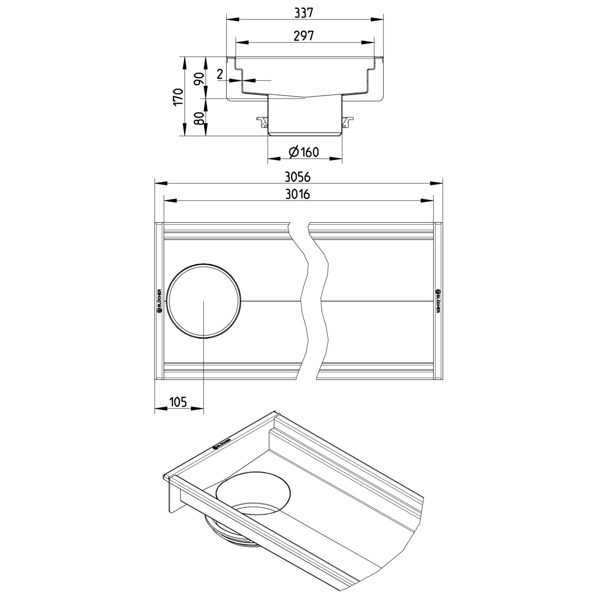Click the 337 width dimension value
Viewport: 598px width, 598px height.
304,13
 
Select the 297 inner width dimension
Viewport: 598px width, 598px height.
304,36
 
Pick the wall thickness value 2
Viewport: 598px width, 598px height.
220,74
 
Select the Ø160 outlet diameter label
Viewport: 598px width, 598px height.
303,152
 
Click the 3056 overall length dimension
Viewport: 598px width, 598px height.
298,177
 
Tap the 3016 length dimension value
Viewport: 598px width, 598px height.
298,194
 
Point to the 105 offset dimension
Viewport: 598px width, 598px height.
178,402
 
